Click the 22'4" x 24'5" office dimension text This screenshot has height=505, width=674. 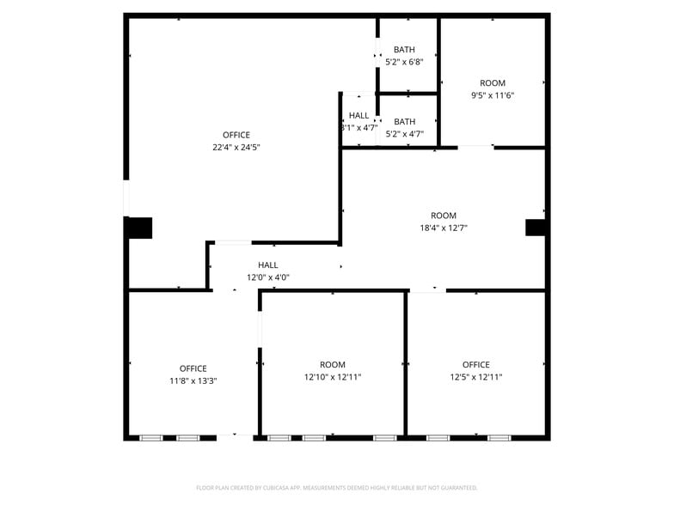coord(236,148)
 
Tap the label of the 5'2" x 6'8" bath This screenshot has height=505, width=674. coord(404,50)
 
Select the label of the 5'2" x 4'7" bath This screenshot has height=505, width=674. coord(404,122)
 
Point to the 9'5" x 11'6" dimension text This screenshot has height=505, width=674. coord(493,95)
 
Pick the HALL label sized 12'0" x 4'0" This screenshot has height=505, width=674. coord(268,265)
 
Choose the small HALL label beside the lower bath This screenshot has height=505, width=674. coord(358,116)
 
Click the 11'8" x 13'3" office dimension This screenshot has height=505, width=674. coord(193,381)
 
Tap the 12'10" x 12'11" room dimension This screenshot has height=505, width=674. coord(333,377)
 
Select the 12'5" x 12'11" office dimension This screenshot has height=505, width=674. coord(475,377)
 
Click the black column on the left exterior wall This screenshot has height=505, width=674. coord(138,228)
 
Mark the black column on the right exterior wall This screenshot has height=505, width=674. coord(536,228)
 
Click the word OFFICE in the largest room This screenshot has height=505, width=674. coord(236,135)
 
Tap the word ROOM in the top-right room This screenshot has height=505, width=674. coord(493,83)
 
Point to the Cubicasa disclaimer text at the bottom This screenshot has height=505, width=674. coord(337,488)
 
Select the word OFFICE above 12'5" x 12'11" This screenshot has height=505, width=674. coord(475,365)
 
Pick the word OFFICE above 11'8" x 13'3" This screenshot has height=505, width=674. coord(193,368)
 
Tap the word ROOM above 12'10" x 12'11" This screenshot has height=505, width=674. coord(333,365)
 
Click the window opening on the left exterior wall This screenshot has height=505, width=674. coord(126,198)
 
